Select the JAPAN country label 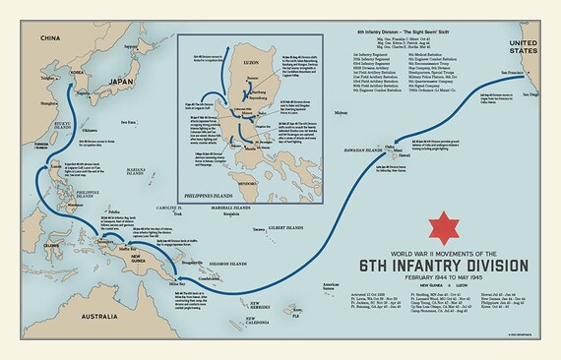pos(119,83)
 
